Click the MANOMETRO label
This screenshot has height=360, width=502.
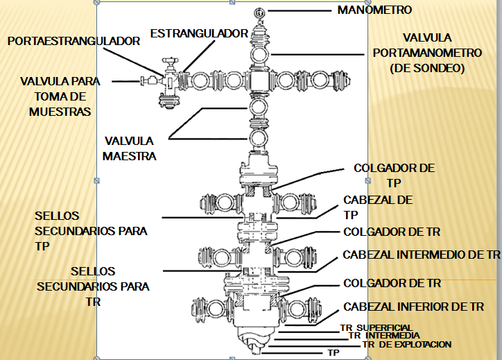(374, 10)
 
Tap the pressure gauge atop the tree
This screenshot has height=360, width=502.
(259, 13)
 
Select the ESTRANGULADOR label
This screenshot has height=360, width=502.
(199, 33)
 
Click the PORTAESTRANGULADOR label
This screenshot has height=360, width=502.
(73, 41)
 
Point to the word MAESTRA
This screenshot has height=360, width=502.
(130, 156)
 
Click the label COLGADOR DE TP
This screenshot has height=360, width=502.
(394, 175)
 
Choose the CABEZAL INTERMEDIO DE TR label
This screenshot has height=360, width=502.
(422, 255)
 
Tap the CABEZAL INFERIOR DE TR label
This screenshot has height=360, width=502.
(414, 307)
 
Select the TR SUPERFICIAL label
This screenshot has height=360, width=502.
(376, 327)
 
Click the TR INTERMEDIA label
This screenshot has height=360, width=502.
(384, 335)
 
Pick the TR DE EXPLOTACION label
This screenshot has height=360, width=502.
(407, 344)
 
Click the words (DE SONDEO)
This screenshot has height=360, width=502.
(427, 68)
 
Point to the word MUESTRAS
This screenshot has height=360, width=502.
(60, 112)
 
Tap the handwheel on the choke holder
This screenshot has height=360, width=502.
(170, 60)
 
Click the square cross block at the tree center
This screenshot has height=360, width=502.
(259, 81)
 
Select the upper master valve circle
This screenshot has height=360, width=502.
(259, 108)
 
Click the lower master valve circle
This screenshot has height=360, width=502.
(258, 138)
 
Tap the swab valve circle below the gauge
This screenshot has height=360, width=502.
(259, 55)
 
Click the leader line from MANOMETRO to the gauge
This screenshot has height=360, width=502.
(300, 10)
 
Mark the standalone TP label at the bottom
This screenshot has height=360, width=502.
(334, 352)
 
